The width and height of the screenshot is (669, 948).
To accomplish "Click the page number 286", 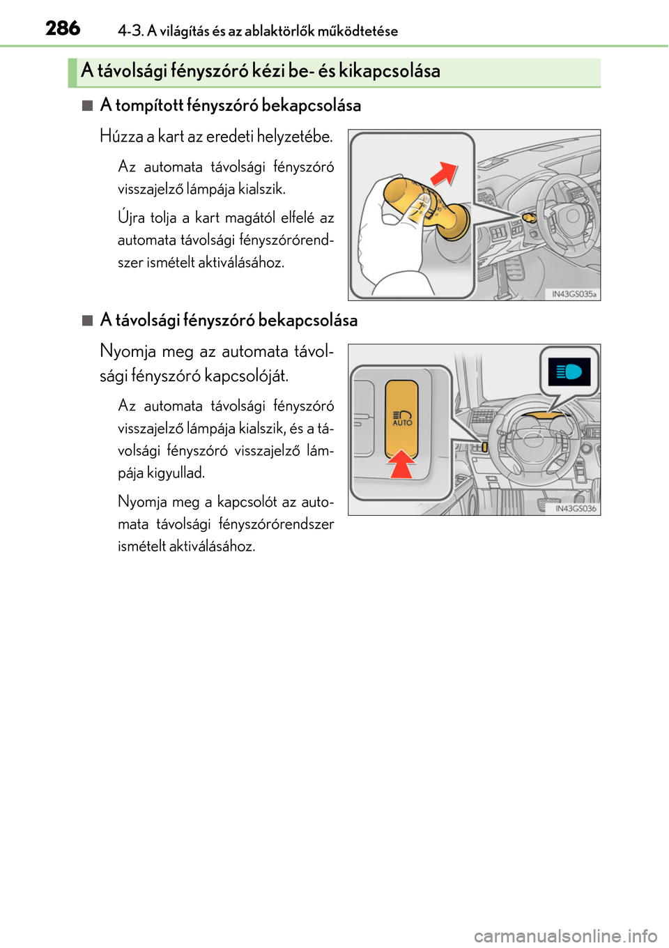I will pyautogui.click(x=63, y=29).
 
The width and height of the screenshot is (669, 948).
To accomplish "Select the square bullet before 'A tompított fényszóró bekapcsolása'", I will pyautogui.click(x=87, y=106).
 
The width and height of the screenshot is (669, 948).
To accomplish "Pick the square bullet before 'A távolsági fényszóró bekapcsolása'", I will pyautogui.click(x=87, y=321).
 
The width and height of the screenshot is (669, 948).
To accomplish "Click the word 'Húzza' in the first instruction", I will pyautogui.click(x=121, y=137).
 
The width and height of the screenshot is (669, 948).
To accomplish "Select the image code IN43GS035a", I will pyautogui.click(x=574, y=294).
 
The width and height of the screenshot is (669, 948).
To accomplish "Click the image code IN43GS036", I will pyautogui.click(x=576, y=509).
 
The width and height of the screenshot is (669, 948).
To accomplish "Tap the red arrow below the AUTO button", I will pyautogui.click(x=402, y=464).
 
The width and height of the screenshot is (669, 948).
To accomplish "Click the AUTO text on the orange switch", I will pyautogui.click(x=403, y=423).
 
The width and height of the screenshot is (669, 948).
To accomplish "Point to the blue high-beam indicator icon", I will pyautogui.click(x=569, y=372).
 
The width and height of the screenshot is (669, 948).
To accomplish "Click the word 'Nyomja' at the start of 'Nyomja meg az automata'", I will pyautogui.click(x=128, y=352).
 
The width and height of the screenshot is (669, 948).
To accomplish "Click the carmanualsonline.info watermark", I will pyautogui.click(x=565, y=935).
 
